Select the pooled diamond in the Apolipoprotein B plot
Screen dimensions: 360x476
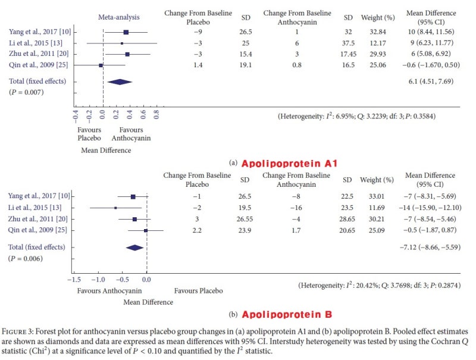click(x=135, y=248)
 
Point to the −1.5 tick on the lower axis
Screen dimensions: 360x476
click(x=74, y=278)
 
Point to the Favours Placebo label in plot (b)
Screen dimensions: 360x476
click(x=198, y=291)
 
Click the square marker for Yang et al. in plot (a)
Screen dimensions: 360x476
click(x=126, y=32)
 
